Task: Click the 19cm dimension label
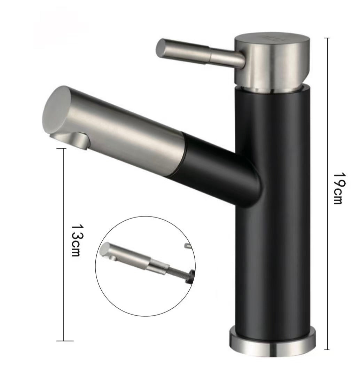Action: [340, 188]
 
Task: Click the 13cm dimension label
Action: [77, 240]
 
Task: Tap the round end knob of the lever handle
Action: [162, 49]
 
